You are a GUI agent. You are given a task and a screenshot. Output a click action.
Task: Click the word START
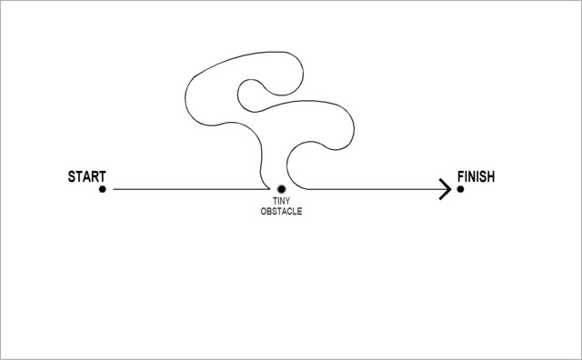click(86, 175)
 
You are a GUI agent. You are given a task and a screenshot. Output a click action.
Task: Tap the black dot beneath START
click(103, 189)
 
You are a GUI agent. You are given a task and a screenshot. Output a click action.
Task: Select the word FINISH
click(476, 175)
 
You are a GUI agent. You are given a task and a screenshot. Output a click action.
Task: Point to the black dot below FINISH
click(461, 189)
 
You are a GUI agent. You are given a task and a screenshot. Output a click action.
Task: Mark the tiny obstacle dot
click(281, 189)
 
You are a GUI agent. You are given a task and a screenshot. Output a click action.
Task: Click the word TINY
click(281, 202)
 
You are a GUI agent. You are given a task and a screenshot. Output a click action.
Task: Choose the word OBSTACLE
click(281, 211)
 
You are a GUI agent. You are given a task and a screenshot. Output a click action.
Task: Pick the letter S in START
click(72, 175)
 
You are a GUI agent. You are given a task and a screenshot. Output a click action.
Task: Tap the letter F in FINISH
click(459, 175)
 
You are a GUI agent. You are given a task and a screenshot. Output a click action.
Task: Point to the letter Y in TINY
click(287, 202)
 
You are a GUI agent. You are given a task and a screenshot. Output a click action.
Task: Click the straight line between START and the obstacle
click(182, 189)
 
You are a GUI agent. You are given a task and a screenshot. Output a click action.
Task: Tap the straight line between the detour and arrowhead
click(373, 189)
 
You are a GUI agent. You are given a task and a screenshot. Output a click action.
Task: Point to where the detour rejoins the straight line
click(304, 189)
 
